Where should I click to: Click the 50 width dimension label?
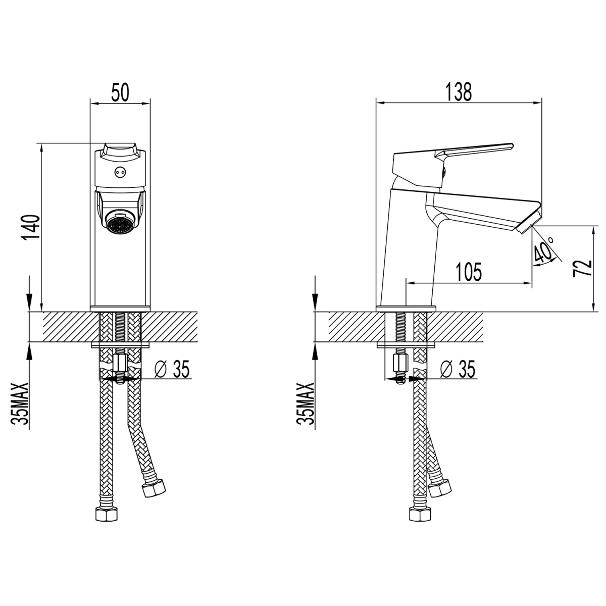120,92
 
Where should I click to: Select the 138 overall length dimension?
459,92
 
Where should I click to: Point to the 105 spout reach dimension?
469,272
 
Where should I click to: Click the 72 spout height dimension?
582,268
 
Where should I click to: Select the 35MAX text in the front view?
20,404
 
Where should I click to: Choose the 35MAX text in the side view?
305,404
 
